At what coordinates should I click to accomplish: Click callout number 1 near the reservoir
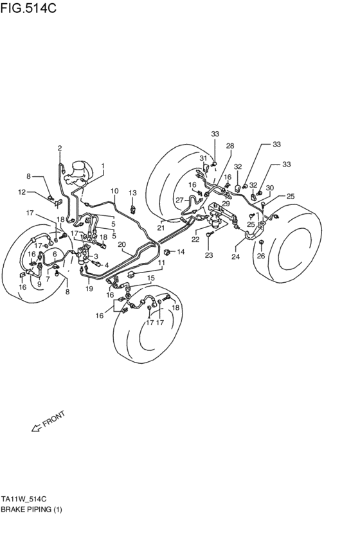(102, 165)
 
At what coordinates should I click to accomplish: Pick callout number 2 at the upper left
(59, 148)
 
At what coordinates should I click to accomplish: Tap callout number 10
(114, 191)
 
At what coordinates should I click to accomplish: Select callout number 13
(132, 193)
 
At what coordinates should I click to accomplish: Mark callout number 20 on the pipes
(122, 244)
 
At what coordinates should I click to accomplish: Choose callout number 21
(161, 228)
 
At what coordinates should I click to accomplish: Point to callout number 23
(208, 256)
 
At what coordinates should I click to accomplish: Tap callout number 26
(261, 256)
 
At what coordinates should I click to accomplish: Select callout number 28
(230, 146)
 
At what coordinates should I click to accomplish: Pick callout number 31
(203, 158)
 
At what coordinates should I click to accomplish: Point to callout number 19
(89, 289)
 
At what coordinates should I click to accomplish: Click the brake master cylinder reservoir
(80, 172)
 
